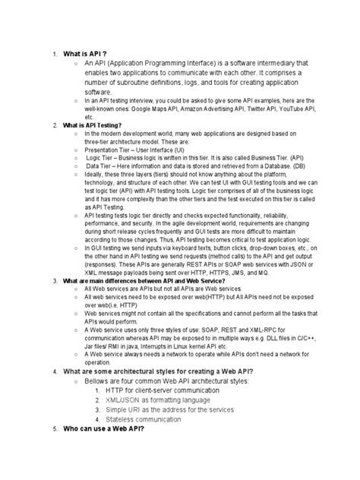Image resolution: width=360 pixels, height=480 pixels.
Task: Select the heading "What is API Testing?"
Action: [95, 124]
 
